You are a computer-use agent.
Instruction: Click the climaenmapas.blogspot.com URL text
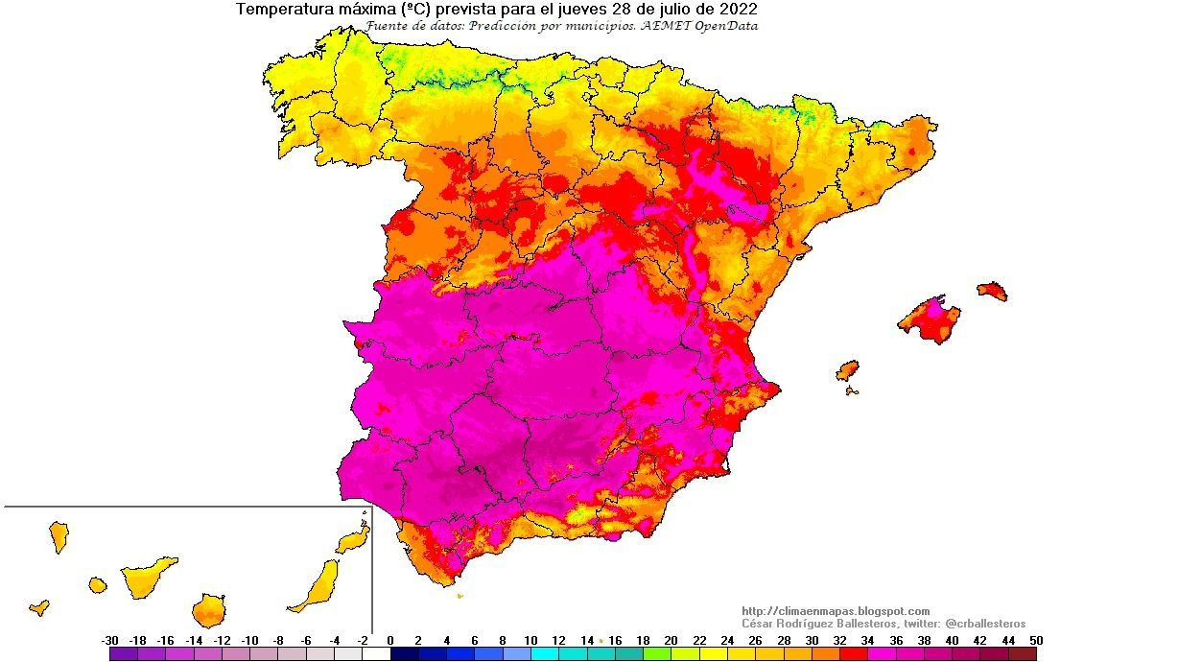pyautogui.click(x=836, y=611)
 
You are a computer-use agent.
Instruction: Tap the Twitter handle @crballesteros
pyautogui.click(x=985, y=624)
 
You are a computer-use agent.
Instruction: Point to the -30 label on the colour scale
pyautogui.click(x=109, y=640)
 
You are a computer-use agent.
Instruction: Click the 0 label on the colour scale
pyautogui.click(x=390, y=640)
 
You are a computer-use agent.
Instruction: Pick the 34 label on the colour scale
pyautogui.click(x=867, y=640)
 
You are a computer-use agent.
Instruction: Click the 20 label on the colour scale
pyautogui.click(x=671, y=640)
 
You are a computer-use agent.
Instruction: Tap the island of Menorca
pyautogui.click(x=992, y=291)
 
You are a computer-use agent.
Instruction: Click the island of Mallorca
pyautogui.click(x=930, y=319)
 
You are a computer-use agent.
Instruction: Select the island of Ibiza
pyautogui.click(x=847, y=370)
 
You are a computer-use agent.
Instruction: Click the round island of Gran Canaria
pyautogui.click(x=208, y=610)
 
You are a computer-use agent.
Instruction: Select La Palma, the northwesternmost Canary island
pyautogui.click(x=59, y=536)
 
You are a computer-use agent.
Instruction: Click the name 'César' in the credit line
pyautogui.click(x=760, y=624)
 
